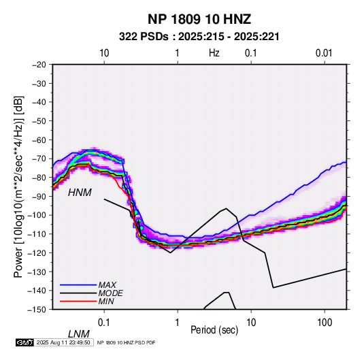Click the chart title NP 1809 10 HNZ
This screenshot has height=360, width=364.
pyautogui.click(x=199, y=19)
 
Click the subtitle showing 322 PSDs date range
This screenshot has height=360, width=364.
pyautogui.click(x=199, y=37)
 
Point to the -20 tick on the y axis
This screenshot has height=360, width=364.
pyautogui.click(x=39, y=65)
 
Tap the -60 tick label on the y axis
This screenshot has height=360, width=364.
pyautogui.click(x=39, y=140)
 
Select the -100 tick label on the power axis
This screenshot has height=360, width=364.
pyautogui.click(x=37, y=215)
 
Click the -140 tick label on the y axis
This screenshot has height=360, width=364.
pyautogui.click(x=37, y=291)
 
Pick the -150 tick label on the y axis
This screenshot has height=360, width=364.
pyautogui.click(x=37, y=310)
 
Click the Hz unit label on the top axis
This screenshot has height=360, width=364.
pyautogui.click(x=214, y=53)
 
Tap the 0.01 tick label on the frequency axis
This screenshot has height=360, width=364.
pyautogui.click(x=324, y=53)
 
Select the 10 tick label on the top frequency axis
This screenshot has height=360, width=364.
pyautogui.click(x=104, y=53)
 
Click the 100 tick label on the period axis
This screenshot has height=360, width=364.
pyautogui.click(x=325, y=323)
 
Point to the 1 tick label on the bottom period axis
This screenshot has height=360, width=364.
pyautogui.click(x=178, y=323)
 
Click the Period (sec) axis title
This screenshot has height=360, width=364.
pyautogui.click(x=214, y=330)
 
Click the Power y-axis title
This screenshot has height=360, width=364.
pyautogui.click(x=18, y=186)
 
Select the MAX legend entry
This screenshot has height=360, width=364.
pyautogui.click(x=107, y=284)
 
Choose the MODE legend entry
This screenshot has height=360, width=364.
pyautogui.click(x=110, y=293)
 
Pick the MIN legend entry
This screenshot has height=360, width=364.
pyautogui.click(x=106, y=301)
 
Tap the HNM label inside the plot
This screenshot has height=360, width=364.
pyautogui.click(x=80, y=193)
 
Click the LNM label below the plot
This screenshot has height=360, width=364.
pyautogui.click(x=79, y=334)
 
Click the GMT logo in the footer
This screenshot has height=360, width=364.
pyautogui.click(x=25, y=342)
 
